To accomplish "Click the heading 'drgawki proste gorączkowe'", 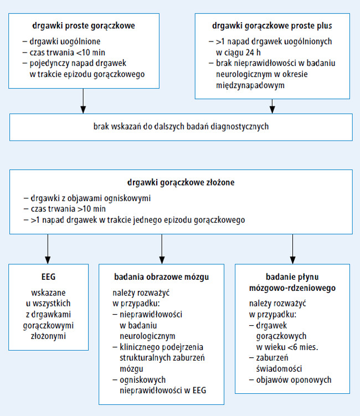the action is [x=84, y=26].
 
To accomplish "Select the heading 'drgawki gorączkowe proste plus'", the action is [x=272, y=26].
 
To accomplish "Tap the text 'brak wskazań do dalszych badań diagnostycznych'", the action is [x=181, y=126].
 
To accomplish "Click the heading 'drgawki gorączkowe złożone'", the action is [x=181, y=183].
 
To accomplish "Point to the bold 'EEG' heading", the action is [x=48, y=277].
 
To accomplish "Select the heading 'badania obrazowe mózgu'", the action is [x=161, y=277].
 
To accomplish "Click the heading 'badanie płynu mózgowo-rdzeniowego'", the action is [x=292, y=283].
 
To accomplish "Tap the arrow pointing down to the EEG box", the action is [x=48, y=249].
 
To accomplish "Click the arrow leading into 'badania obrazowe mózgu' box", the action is [x=162, y=249].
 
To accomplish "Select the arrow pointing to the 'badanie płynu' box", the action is [x=292, y=249].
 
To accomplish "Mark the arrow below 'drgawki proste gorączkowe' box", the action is [x=83, y=101].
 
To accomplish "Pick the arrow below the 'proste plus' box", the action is [x=272, y=106].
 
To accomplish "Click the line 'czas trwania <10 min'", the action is [x=67, y=53].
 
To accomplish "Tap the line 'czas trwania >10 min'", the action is [x=68, y=209].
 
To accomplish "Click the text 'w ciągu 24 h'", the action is [x=238, y=53].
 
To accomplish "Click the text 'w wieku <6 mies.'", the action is [x=287, y=347].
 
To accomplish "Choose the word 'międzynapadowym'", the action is [x=250, y=85].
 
